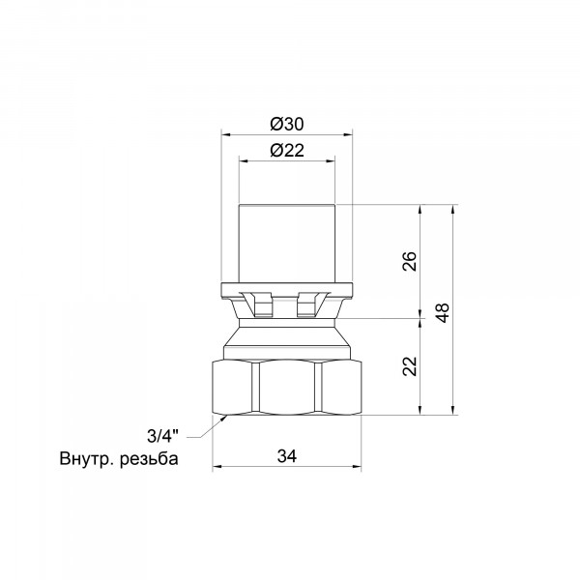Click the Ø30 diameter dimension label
[x=287, y=124]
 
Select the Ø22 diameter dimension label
[x=287, y=151]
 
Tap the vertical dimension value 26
[x=410, y=261]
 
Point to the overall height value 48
[x=443, y=313]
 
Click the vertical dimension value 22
[x=410, y=366]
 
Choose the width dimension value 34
[x=287, y=456]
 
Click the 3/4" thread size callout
[x=162, y=436]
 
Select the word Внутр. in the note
[x=87, y=459]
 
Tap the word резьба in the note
[x=149, y=459]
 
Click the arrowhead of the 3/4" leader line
[x=224, y=418]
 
